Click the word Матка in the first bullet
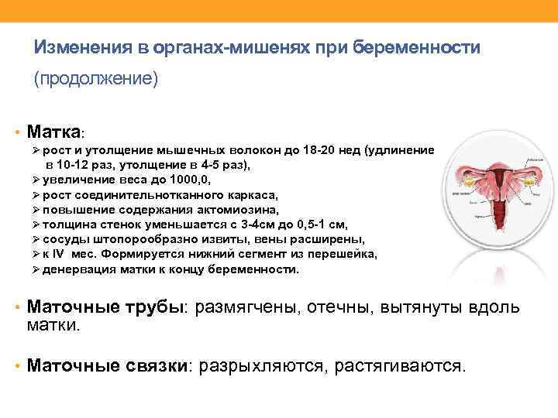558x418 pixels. (53, 129)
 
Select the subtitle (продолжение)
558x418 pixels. (95, 79)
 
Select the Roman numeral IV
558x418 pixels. (63, 255)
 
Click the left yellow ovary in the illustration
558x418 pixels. (467, 180)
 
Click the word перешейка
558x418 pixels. (342, 255)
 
